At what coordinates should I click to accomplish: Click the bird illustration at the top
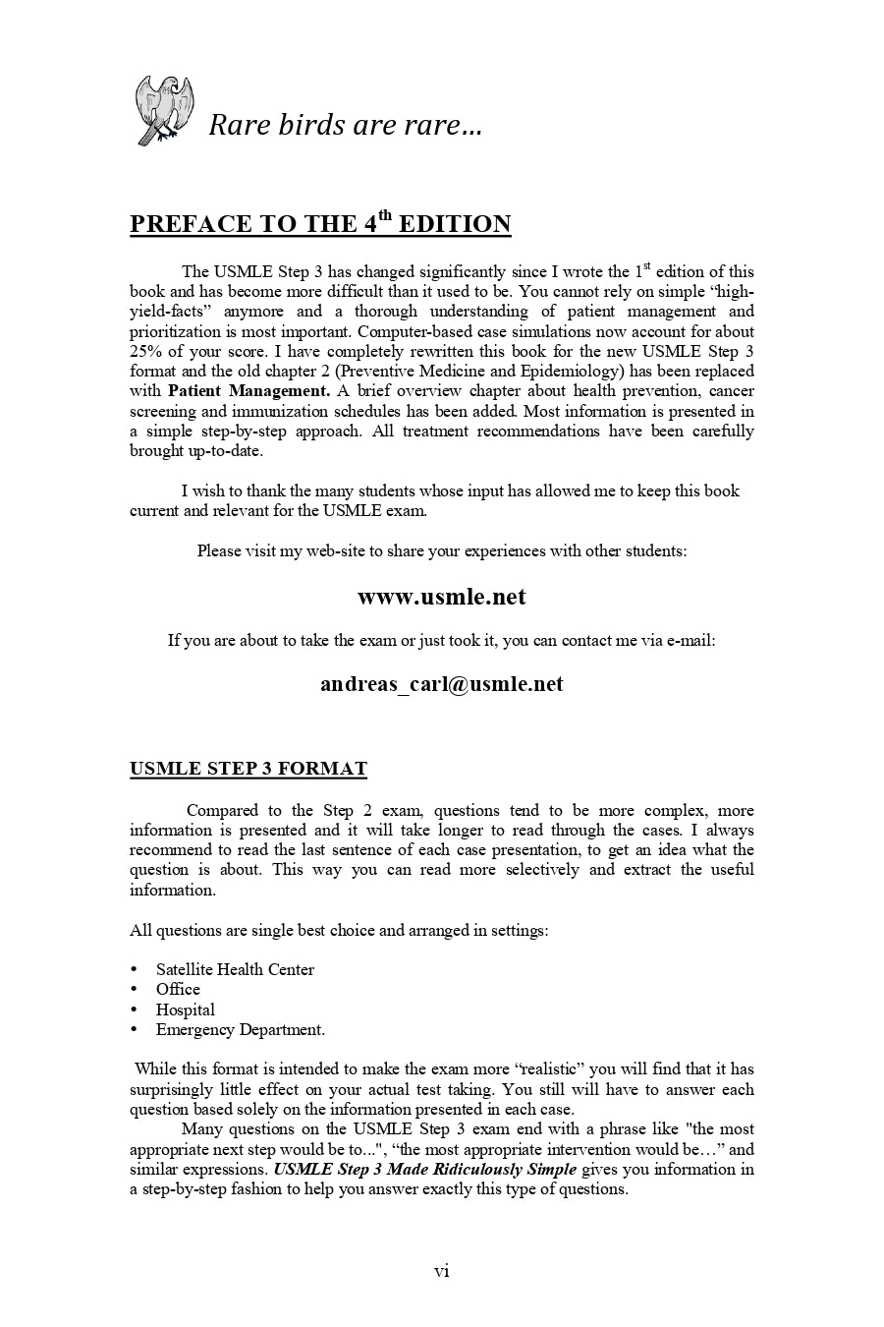(163, 110)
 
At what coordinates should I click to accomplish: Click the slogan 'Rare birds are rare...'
(345, 125)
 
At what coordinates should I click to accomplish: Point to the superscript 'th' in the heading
(385, 215)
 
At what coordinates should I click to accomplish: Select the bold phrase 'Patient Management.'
(249, 390)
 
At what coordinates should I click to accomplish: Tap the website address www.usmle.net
(441, 597)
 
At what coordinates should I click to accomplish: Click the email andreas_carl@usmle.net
(441, 684)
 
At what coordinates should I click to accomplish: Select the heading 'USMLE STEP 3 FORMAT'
(249, 769)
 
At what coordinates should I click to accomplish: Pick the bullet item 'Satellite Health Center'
(235, 969)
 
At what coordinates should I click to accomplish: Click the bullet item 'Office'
(178, 989)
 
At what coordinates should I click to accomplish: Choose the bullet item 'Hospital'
(185, 1010)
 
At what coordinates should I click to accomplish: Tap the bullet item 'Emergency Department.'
(240, 1029)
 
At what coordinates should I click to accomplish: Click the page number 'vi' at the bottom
(442, 1271)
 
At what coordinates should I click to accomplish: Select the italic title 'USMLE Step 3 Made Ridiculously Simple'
(424, 1169)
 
